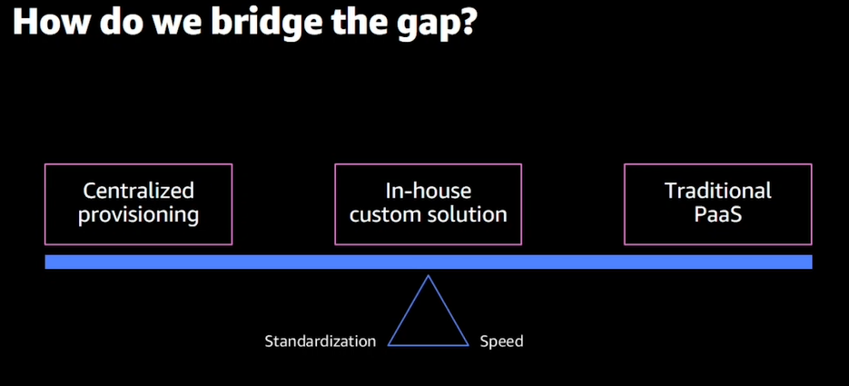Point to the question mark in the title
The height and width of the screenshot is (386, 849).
(466, 23)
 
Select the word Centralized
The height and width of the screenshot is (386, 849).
(138, 191)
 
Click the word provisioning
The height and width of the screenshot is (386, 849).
(138, 215)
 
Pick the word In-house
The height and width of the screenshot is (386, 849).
(428, 191)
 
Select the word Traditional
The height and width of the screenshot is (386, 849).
(717, 191)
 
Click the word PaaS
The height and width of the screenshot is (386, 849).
(717, 215)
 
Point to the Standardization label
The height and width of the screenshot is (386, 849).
(320, 341)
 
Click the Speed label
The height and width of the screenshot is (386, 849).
(502, 341)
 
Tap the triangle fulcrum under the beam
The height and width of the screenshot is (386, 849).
(428, 318)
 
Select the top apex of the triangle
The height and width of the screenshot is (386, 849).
(428, 276)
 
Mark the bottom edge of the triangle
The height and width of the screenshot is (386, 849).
(428, 345)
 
